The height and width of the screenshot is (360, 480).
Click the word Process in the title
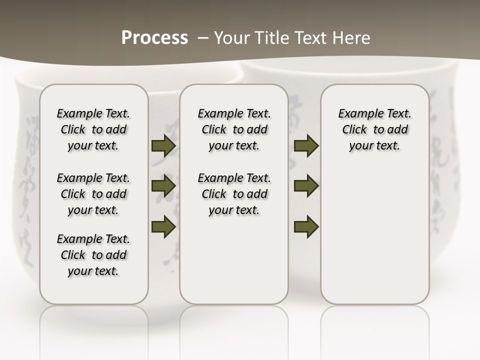coord(154,37)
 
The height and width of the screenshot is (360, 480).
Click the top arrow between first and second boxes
coord(163,146)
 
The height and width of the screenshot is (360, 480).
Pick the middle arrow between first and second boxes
coord(163,186)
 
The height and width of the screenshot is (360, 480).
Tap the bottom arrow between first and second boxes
coord(163,226)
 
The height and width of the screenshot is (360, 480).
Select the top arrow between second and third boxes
coord(306,146)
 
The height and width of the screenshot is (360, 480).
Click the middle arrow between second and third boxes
coord(306,186)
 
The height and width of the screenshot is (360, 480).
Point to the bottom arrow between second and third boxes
coord(306,226)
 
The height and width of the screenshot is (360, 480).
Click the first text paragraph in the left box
coord(93,129)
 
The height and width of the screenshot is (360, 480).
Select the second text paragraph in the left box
coord(93,194)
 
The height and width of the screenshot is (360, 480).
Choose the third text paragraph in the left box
coord(93,255)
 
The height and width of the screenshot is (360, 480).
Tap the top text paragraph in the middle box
coord(234,129)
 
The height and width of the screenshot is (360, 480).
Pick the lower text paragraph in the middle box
coord(234,194)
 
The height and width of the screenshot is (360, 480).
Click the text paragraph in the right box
coord(375,129)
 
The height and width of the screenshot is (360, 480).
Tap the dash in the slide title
coord(202,37)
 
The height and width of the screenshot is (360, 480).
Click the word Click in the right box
coord(354,130)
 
